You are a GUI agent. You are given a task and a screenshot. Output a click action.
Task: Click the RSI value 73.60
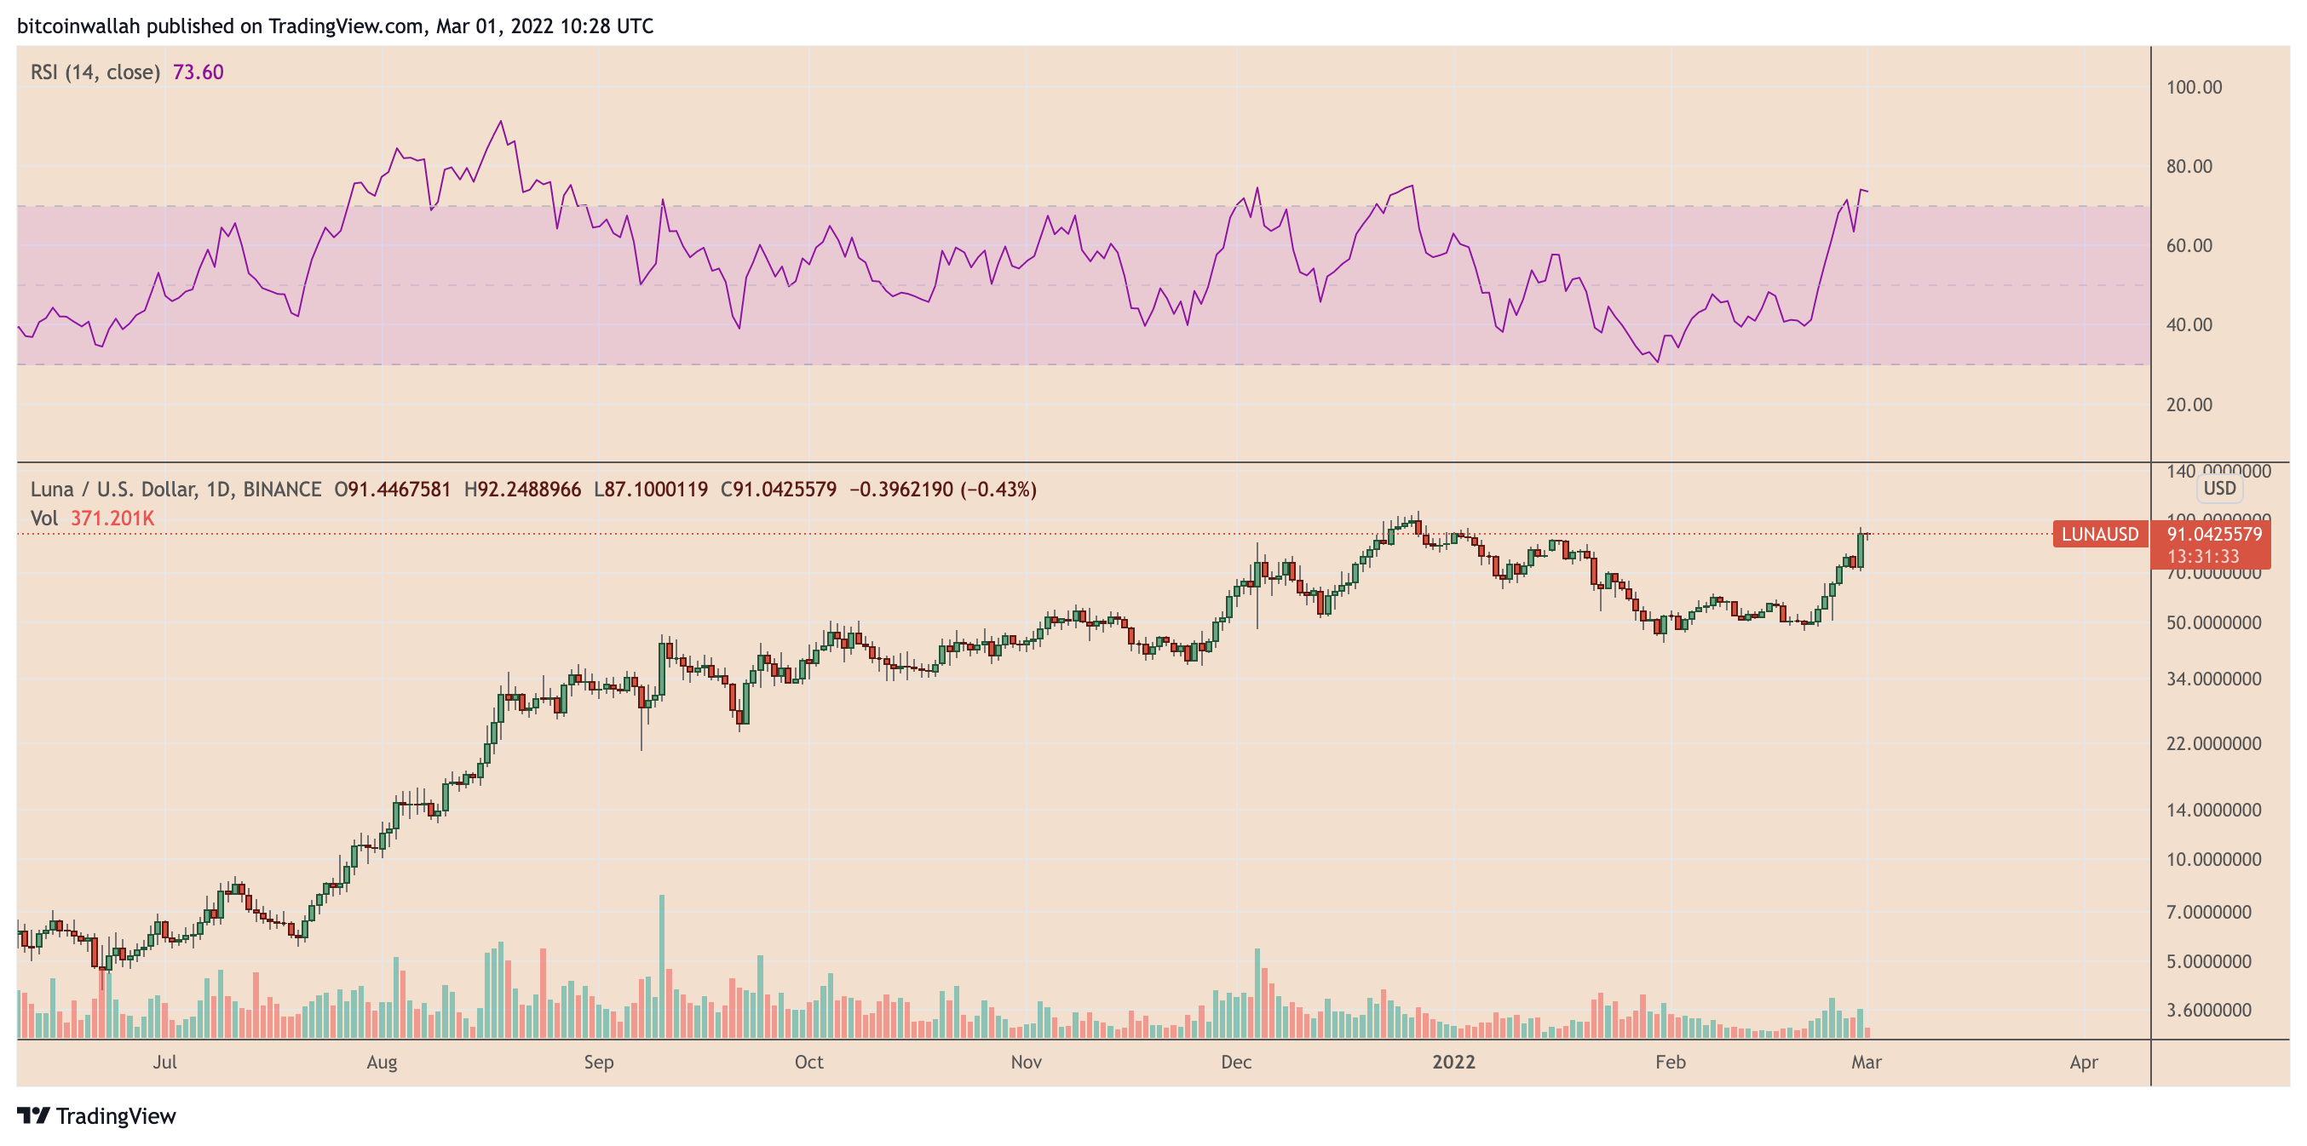[x=198, y=72]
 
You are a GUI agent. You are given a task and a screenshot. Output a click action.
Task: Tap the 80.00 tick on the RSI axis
[x=2188, y=167]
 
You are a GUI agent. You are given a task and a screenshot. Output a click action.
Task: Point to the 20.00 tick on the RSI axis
[x=2188, y=404]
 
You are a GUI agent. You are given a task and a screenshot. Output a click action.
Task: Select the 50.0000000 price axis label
[x=2213, y=622]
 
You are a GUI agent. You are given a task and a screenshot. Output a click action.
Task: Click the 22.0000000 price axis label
[x=2213, y=743]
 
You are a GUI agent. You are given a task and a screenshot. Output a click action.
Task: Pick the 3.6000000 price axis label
[x=2207, y=1010]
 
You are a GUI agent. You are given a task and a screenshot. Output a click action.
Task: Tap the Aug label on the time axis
[x=382, y=1062]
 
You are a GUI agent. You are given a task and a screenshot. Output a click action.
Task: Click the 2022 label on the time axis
[x=1453, y=1062]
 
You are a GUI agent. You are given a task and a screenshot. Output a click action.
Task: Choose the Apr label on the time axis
[x=2083, y=1062]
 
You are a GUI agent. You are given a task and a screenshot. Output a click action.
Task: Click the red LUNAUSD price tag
[x=2099, y=535]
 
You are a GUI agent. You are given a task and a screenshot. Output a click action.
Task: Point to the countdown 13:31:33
[x=2202, y=557]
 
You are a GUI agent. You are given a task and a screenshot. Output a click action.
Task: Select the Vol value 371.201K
[x=112, y=519]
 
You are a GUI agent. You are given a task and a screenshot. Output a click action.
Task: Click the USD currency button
[x=2219, y=488]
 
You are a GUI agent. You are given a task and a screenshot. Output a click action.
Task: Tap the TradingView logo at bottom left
[x=97, y=1115]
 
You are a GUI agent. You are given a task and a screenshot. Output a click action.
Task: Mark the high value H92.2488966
[x=522, y=490]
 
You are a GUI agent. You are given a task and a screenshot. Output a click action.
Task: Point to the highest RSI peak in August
[x=501, y=121]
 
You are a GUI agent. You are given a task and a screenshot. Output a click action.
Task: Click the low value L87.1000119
[x=650, y=490]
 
